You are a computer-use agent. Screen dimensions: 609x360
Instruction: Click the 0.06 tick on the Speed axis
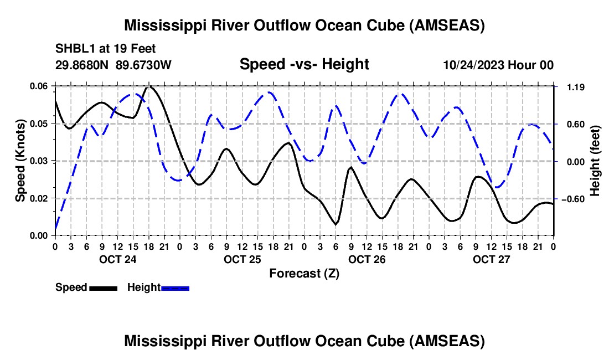click(x=38, y=86)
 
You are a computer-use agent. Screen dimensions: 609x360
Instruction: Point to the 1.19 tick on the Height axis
click(x=576, y=87)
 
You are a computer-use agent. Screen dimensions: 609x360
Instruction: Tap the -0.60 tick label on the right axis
click(x=573, y=199)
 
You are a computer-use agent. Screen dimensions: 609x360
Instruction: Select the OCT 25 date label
click(x=242, y=259)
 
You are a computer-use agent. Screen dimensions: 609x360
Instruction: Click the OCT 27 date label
click(x=491, y=259)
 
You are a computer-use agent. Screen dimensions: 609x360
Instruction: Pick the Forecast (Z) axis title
click(x=304, y=274)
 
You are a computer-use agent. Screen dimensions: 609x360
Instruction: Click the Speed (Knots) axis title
click(x=20, y=161)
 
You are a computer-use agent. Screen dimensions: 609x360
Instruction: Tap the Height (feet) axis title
click(x=595, y=161)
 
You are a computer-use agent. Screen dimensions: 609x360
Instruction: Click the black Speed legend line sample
click(x=104, y=288)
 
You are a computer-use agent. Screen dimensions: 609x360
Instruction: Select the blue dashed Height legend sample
click(x=175, y=288)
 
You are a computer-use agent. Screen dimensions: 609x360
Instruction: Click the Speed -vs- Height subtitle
click(x=304, y=64)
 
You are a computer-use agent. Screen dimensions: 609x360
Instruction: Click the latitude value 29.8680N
click(x=81, y=65)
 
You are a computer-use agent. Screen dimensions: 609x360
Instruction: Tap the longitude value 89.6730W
click(x=143, y=65)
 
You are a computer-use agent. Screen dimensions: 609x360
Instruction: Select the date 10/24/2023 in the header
click(x=473, y=65)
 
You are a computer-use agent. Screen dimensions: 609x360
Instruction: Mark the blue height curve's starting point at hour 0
click(x=55, y=229)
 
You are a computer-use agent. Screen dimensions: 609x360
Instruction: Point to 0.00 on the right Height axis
click(x=576, y=162)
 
